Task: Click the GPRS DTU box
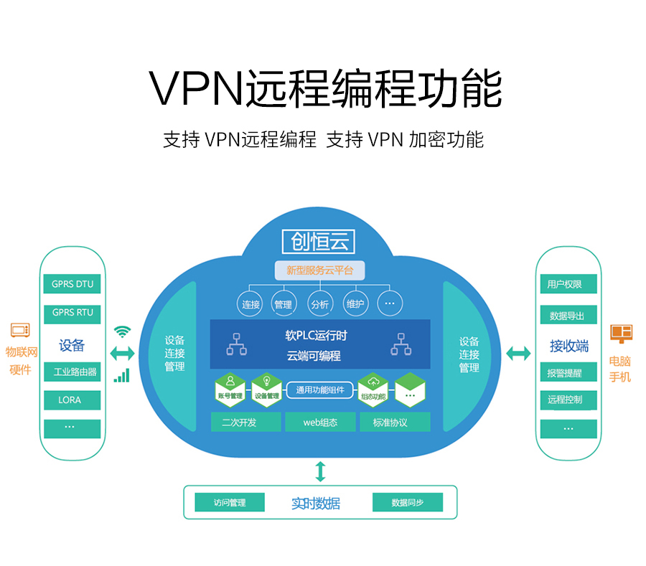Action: click(x=72, y=284)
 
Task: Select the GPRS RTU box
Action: click(x=72, y=313)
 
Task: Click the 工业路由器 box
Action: click(x=72, y=372)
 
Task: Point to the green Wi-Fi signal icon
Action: click(x=123, y=331)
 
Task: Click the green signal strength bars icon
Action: click(x=122, y=375)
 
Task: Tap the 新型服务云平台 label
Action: click(x=319, y=270)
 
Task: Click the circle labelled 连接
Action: click(x=251, y=304)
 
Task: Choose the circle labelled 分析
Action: click(x=319, y=304)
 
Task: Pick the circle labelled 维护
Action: click(x=355, y=304)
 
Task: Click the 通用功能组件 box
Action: click(x=320, y=390)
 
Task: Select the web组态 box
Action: click(x=320, y=423)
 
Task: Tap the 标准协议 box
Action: click(x=390, y=423)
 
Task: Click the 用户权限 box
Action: click(x=568, y=284)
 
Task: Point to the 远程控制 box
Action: click(x=568, y=400)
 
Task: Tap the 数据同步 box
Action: click(x=408, y=502)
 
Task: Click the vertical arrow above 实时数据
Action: click(x=320, y=471)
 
